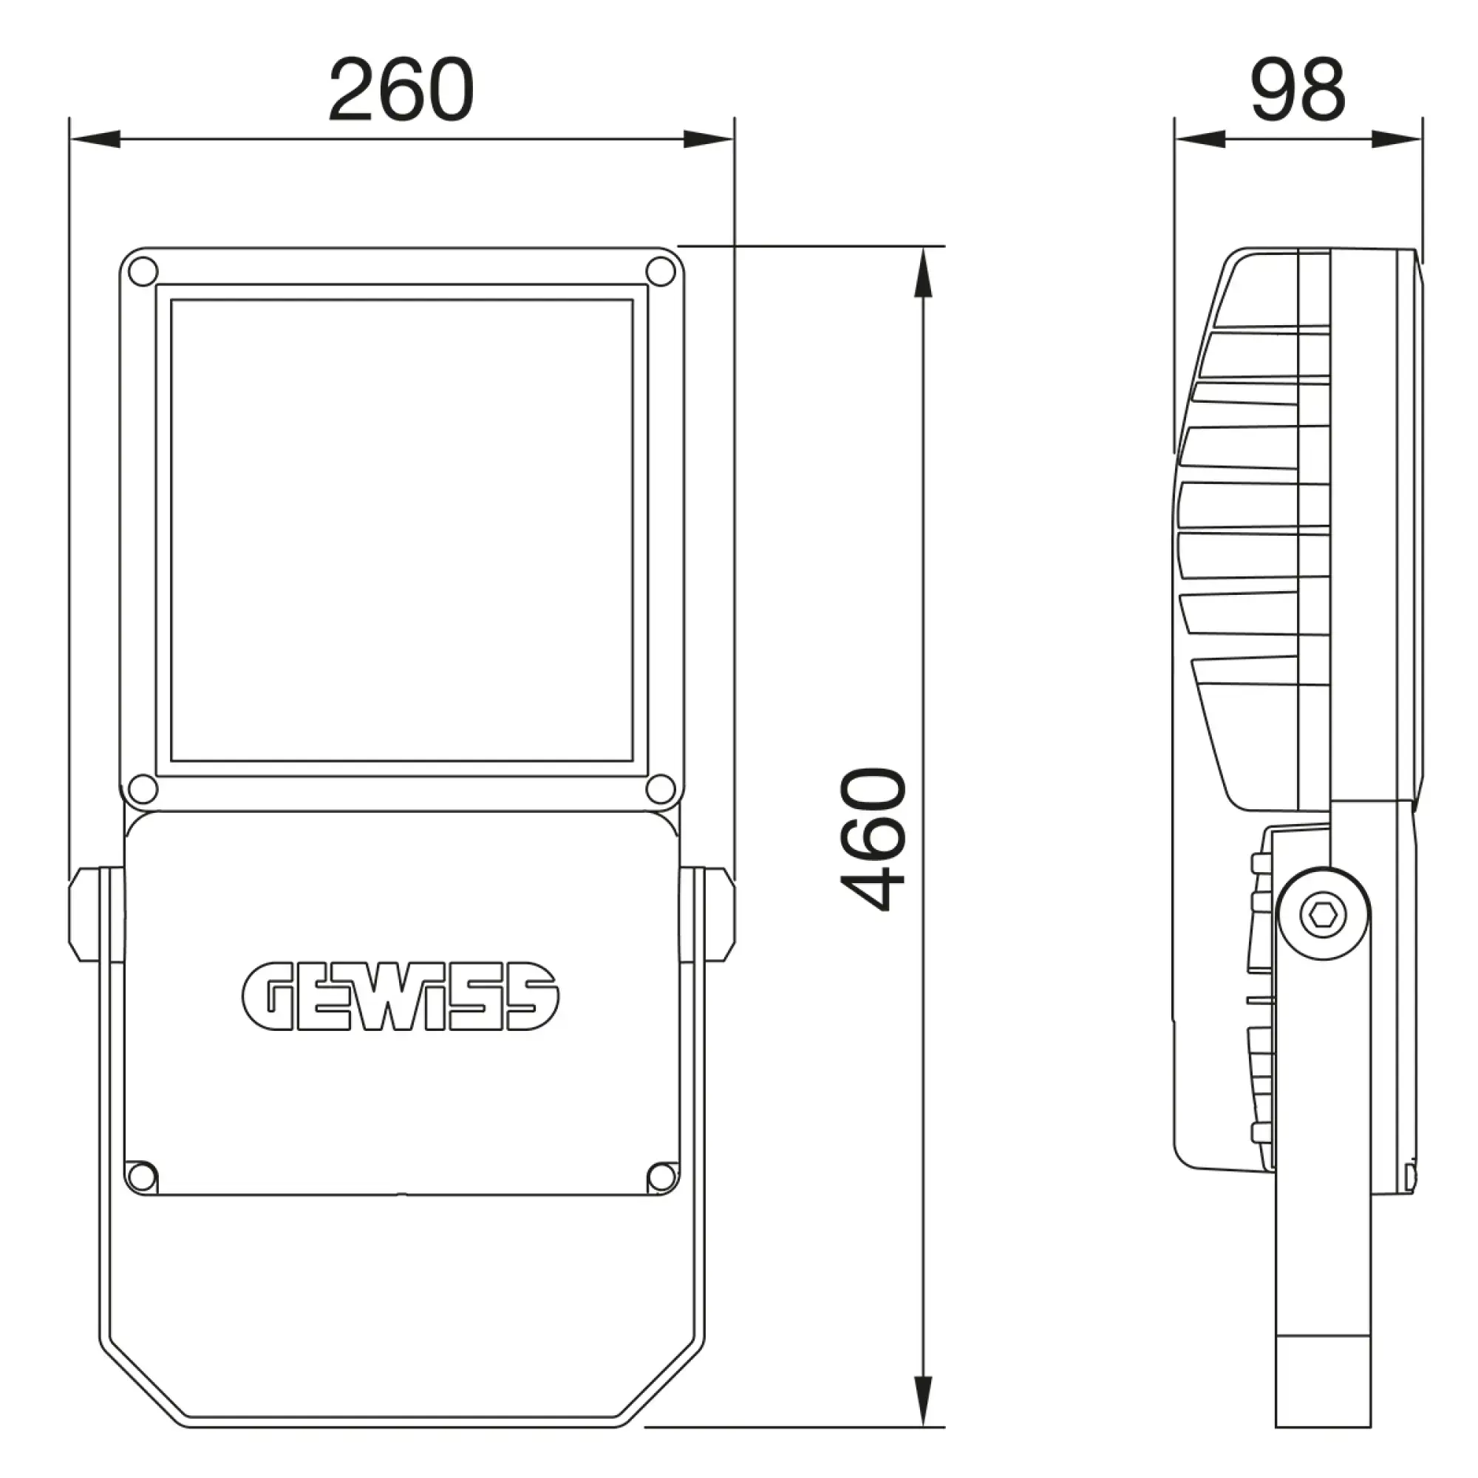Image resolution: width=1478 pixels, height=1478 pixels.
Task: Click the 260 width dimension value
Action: pyautogui.click(x=401, y=89)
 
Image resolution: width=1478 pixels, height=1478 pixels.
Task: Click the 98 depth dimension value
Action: pyautogui.click(x=1298, y=89)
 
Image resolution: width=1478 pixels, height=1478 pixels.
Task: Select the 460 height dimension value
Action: pyautogui.click(x=873, y=839)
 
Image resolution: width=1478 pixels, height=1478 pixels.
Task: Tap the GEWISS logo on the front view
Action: pyautogui.click(x=400, y=995)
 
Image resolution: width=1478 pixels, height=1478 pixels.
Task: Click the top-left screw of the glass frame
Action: pyautogui.click(x=143, y=270)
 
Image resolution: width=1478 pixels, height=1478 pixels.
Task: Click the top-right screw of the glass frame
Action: pyautogui.click(x=661, y=270)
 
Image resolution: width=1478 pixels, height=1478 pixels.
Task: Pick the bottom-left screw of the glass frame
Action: pyautogui.click(x=143, y=789)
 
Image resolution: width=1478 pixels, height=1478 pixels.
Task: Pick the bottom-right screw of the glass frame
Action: pyautogui.click(x=661, y=789)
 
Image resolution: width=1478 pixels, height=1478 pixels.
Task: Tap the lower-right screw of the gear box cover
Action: pyautogui.click(x=661, y=1176)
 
